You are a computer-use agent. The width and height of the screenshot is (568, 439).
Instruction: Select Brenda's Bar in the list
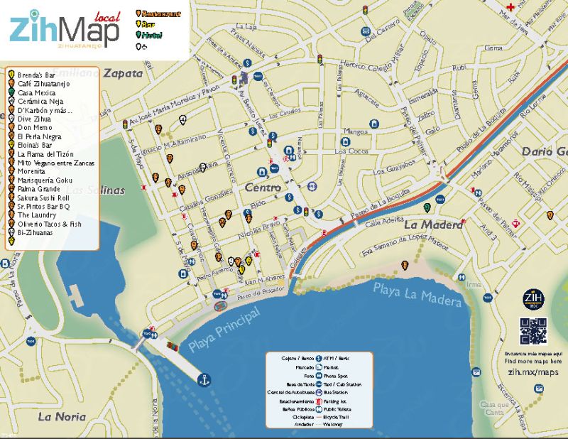click(36, 74)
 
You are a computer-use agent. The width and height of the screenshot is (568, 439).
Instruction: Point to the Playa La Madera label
click(417, 294)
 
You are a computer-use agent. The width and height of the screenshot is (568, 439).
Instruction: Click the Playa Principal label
click(224, 330)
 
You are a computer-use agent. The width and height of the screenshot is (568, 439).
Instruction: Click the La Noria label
click(62, 416)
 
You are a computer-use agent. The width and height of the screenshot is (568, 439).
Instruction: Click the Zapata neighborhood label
click(123, 72)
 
